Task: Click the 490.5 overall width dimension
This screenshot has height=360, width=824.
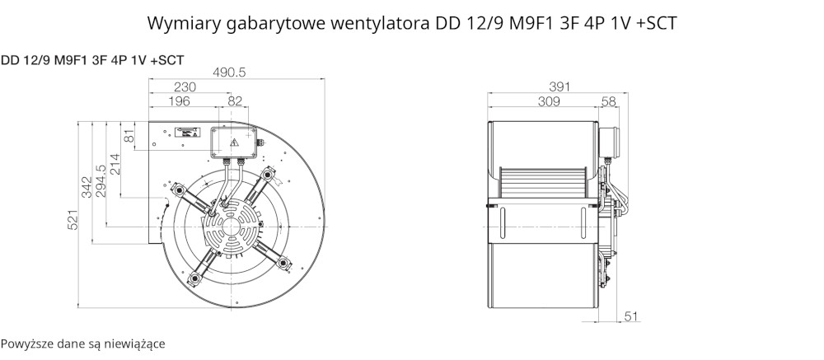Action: coord(229,72)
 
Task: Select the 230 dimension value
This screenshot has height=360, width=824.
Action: coord(185,87)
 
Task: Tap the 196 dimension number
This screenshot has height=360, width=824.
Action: coord(179,101)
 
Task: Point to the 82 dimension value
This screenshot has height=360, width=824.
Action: coord(236,101)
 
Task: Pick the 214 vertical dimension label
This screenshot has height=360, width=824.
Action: coord(115,163)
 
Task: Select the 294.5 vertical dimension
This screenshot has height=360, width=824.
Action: coord(101,181)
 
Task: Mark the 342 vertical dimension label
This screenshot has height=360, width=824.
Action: coord(87,187)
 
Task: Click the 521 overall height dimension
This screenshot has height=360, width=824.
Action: coord(73,219)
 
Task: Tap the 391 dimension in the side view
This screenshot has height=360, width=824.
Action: coord(559,86)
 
